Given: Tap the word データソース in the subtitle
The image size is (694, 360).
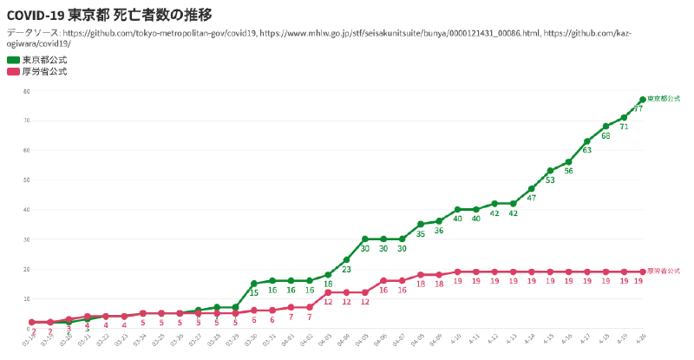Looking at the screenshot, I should click(x=33, y=33).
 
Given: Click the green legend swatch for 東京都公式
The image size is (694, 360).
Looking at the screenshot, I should click(x=13, y=60).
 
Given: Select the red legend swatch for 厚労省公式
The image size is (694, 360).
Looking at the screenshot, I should click(x=13, y=71).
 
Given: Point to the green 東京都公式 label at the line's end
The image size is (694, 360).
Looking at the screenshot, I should click(x=664, y=99).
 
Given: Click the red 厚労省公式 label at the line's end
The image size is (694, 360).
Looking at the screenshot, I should click(x=664, y=272).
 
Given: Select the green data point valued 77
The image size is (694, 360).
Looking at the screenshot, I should click(x=643, y=99).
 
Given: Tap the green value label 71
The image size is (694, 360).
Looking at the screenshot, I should click(x=624, y=127).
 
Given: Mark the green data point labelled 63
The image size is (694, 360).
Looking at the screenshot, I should click(x=587, y=141).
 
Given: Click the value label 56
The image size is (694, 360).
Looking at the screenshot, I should click(x=568, y=171).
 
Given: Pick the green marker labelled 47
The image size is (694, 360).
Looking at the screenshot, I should click(x=532, y=188).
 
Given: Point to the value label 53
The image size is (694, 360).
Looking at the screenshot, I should click(x=550, y=180).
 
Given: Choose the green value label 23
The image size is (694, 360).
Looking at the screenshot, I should click(x=346, y=269).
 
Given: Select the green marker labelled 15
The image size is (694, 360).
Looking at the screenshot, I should click(x=254, y=284).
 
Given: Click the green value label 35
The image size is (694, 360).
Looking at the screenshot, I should click(x=421, y=233).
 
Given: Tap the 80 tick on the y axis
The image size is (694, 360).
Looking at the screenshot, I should click(x=27, y=91).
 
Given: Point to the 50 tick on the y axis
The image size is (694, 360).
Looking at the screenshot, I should click(x=27, y=180).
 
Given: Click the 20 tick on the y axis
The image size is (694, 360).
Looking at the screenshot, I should click(x=27, y=269).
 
